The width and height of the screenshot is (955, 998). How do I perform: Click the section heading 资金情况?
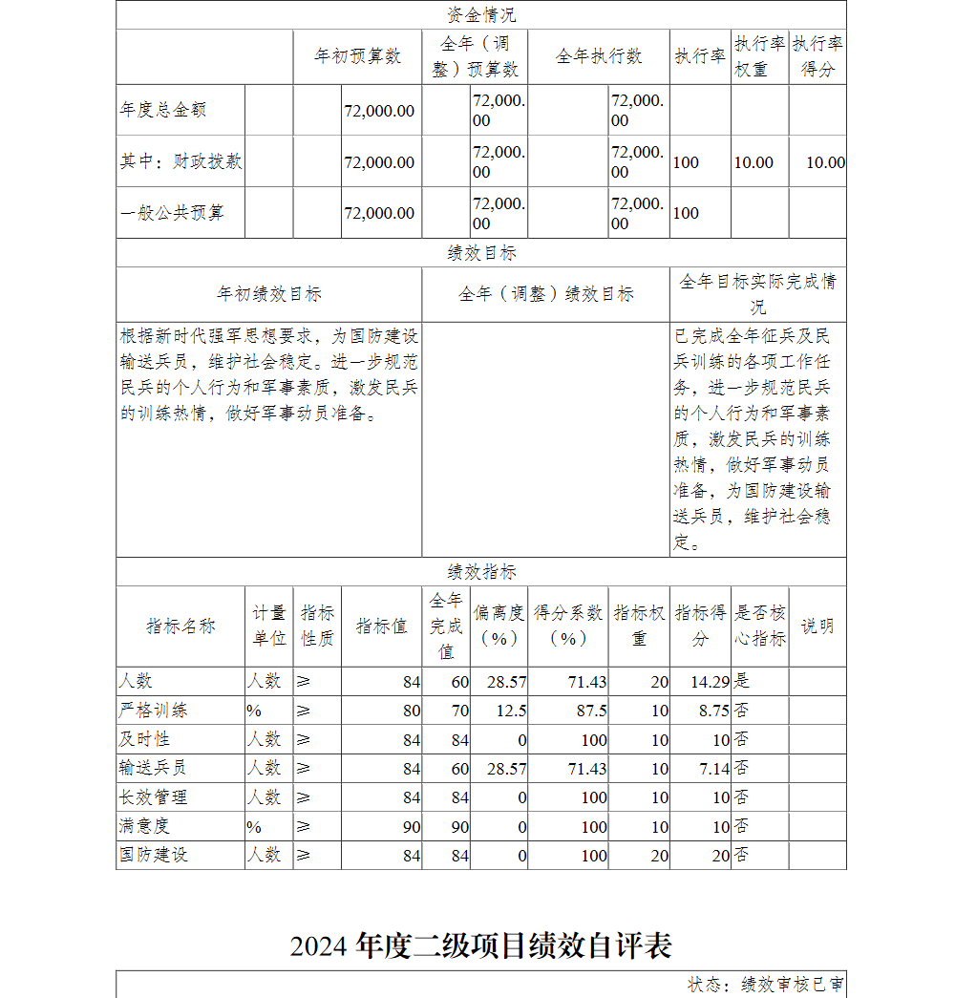point(481,15)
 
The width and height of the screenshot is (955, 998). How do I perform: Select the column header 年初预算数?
point(358,56)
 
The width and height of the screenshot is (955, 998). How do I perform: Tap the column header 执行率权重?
point(759,56)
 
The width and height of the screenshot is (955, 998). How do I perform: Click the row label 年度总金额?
point(162,110)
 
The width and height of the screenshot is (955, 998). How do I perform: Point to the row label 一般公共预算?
point(172,213)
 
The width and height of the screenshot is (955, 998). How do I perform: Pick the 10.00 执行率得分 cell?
point(825,162)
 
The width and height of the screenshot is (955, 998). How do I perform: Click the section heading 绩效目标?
point(481,253)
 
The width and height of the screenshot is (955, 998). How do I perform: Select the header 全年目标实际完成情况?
point(757,294)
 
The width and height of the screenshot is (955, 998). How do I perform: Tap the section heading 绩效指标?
point(481,572)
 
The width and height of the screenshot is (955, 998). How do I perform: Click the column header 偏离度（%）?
point(499,626)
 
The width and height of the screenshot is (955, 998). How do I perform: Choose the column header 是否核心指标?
point(759,626)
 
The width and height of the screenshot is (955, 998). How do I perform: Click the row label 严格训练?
point(154,711)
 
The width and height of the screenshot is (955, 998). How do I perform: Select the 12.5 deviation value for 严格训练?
point(511,711)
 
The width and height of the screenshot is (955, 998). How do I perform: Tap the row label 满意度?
point(144,826)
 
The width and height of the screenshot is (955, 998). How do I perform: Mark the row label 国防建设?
point(154,855)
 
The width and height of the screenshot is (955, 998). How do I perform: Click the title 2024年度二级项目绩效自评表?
point(481,945)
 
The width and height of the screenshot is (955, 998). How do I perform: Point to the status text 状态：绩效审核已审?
point(765,985)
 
